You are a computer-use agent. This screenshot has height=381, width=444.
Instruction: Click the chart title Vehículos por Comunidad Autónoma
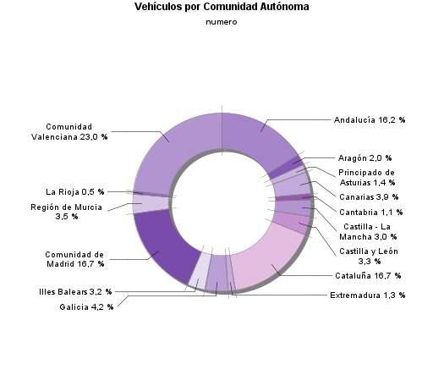pos(222,7)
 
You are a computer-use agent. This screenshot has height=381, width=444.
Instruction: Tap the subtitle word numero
pos(222,22)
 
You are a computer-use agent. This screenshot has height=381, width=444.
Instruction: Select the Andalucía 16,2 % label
pos(370,120)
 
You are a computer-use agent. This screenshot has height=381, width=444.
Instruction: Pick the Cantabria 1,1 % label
pos(370,212)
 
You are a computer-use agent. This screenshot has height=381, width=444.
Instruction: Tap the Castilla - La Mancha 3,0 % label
pos(370,231)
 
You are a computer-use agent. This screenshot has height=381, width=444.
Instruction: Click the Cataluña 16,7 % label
pos(367,276)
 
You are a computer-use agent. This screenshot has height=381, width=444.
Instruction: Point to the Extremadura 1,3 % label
pos(367,295)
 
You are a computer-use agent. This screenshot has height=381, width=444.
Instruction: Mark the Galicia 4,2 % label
pos(86,306)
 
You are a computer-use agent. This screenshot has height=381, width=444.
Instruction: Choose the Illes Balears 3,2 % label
pos(75,292)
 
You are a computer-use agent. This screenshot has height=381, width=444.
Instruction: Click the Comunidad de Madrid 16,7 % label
pos(75,258)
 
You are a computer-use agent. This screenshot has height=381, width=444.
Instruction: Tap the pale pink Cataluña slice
pos(266,258)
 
